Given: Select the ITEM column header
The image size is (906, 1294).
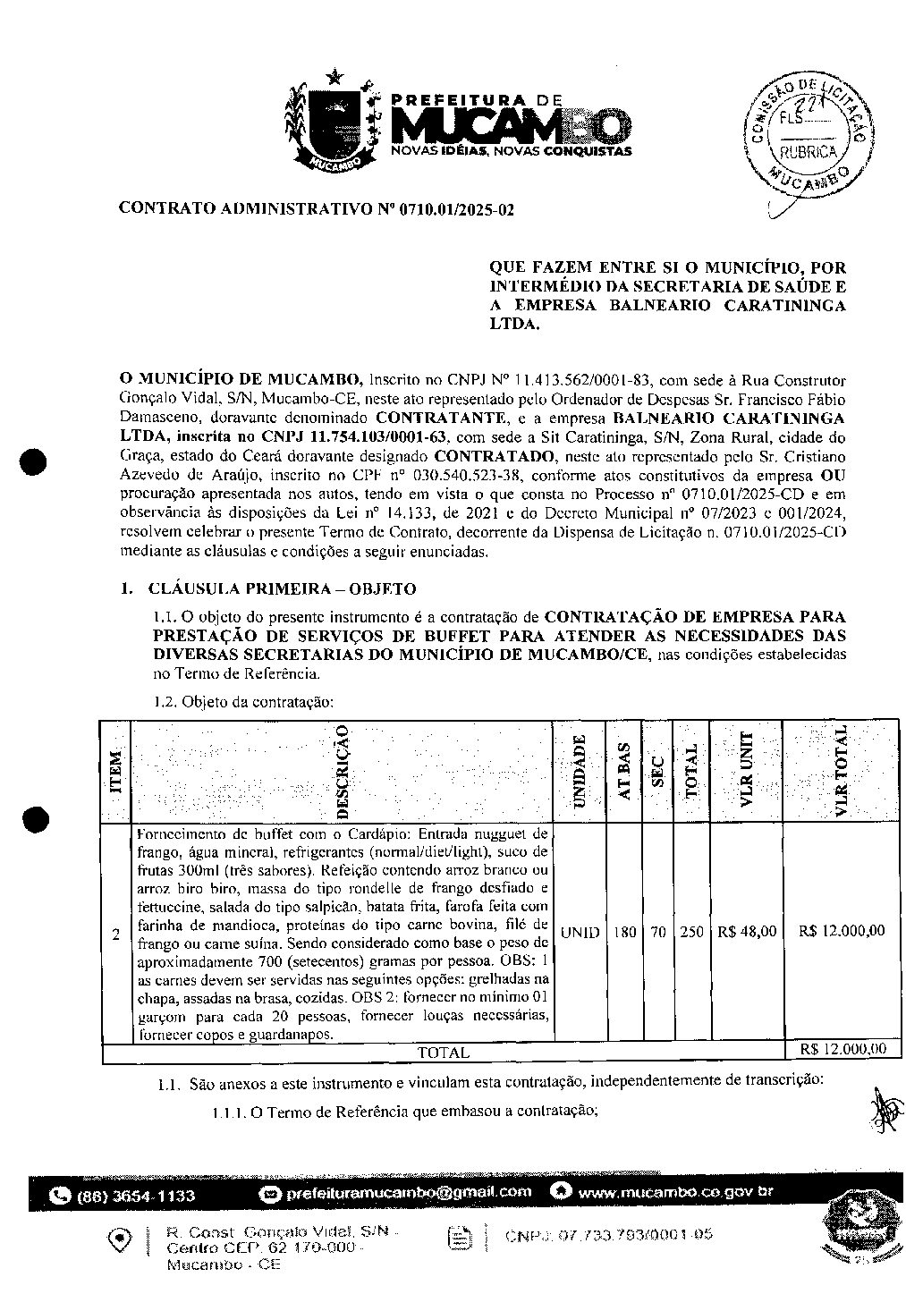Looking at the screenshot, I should pos(115,773).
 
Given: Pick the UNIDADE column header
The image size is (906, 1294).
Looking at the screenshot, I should pos(580,771).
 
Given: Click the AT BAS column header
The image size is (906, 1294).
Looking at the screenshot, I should pos(624,771).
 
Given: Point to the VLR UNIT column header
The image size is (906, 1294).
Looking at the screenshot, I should pos(746,771).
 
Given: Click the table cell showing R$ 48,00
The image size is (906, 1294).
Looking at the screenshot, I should pos(746,931).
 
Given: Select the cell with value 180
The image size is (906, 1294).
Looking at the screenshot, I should pos(624,932).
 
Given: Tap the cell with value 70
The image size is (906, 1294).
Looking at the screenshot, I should pos(657,932).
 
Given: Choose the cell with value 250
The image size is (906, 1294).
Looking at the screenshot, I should pos(690,932).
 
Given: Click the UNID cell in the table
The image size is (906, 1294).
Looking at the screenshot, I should pos(580,932).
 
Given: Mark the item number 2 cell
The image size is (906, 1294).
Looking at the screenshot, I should pos(115,935).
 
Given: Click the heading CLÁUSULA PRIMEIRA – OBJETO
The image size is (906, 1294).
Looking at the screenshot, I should pos(282,588).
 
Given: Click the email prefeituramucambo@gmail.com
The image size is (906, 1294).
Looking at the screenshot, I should pos(407,1192).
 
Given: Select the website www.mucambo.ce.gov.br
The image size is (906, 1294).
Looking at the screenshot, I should pos(675,1192).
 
